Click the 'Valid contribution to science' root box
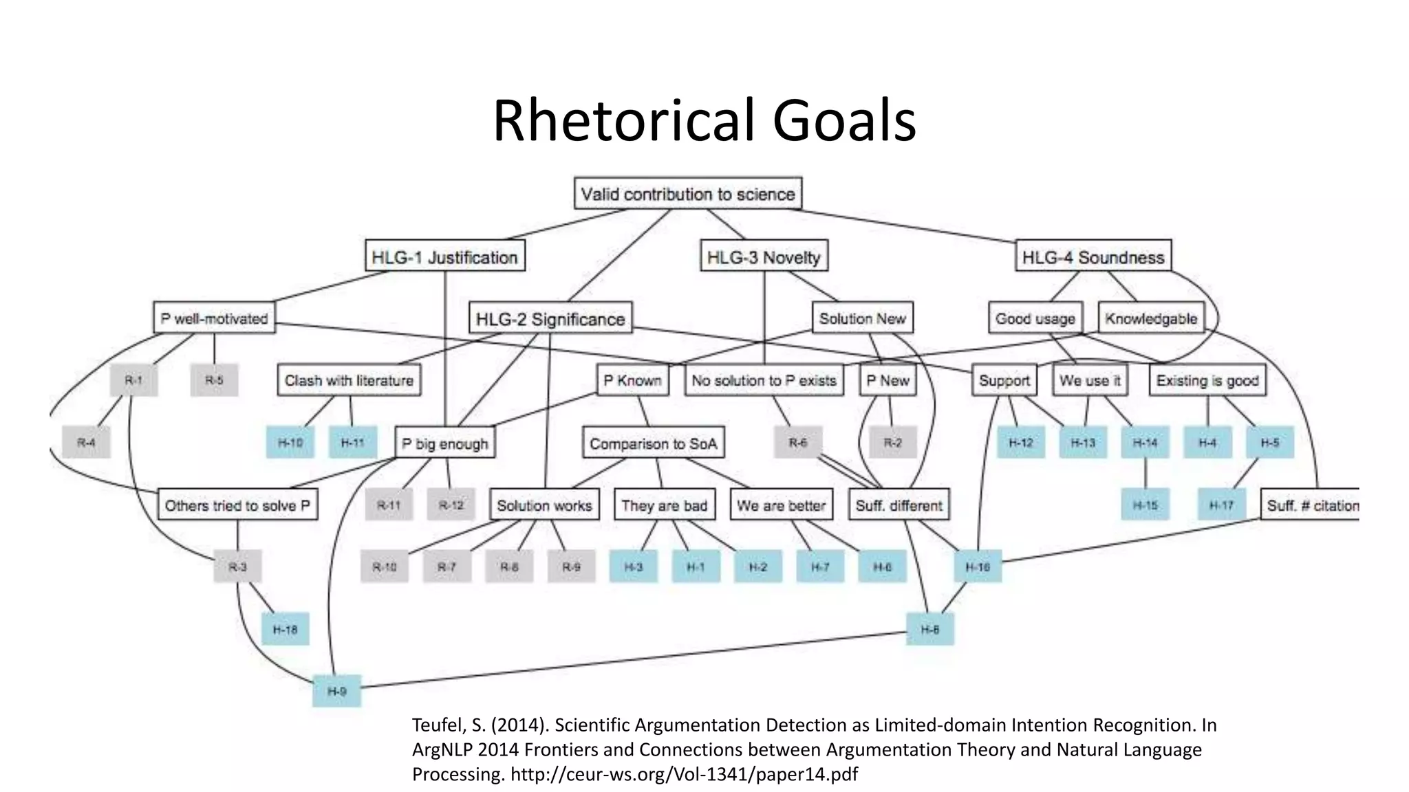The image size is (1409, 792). pos(687,194)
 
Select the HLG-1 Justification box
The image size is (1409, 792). pos(444,257)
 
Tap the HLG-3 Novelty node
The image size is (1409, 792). pos(764,257)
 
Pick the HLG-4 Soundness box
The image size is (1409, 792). pos(1093,257)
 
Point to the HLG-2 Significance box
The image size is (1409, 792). pos(550,319)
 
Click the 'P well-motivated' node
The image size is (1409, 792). pos(214,318)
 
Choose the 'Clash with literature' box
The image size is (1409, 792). pos(349,380)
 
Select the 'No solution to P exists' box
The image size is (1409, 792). pos(764,380)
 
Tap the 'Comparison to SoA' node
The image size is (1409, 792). pos(653,443)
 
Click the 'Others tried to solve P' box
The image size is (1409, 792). pos(237,505)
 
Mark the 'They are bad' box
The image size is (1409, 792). pos(664,505)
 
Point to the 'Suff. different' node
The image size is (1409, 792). pos(899,505)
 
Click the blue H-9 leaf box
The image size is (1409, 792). pos(336,691)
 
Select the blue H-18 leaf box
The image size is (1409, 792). pos(285,629)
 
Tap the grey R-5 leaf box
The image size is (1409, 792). pos(214,380)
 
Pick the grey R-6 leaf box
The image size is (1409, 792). pos(797,442)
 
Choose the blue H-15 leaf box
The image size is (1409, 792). pos(1145,505)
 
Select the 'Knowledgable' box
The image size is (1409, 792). pos(1151,318)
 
